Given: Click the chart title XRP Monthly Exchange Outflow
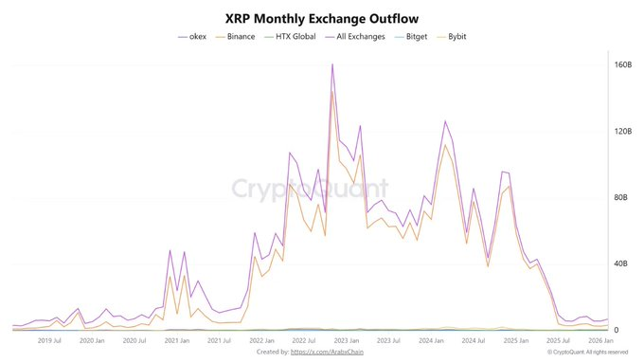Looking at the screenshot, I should pyautogui.click(x=321, y=17).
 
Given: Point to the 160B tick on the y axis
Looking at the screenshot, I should pyautogui.click(x=622, y=65).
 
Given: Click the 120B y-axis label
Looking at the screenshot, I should pyautogui.click(x=622, y=131).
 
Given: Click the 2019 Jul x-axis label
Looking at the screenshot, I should pyautogui.click(x=49, y=340).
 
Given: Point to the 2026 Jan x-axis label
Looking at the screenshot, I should pyautogui.click(x=599, y=340).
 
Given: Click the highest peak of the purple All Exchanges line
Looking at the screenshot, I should pyautogui.click(x=331, y=64).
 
